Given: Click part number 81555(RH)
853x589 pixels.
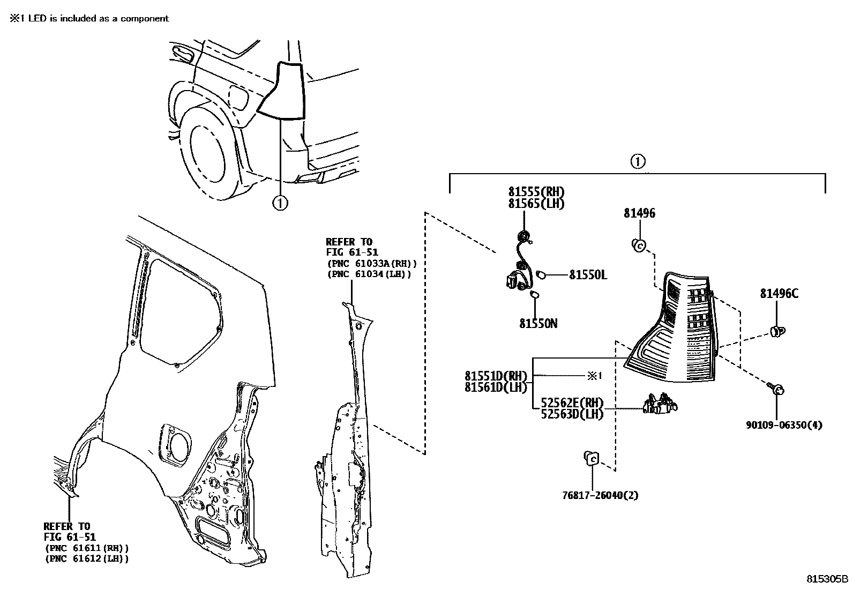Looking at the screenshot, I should pos(536,192).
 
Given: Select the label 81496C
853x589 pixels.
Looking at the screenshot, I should pos(779,294).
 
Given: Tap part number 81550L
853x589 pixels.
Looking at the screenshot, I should pos(588,275).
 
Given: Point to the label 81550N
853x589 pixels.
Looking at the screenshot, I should pos(538,324).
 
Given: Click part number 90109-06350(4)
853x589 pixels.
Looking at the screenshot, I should pos(784,425).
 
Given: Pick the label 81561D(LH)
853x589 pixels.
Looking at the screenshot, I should pos(496,387).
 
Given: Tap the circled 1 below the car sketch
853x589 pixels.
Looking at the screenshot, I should pos(280,203).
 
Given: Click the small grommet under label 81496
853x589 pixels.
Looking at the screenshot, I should pos(638,246).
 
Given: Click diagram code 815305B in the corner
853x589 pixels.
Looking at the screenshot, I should pos(828,579).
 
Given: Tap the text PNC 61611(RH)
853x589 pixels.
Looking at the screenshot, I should pos(86,548).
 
